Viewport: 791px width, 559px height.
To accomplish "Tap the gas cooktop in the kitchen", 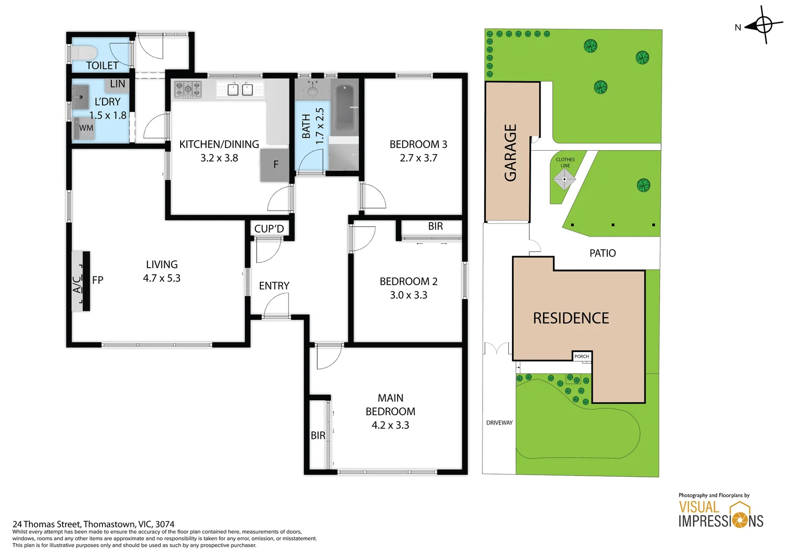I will [x=187, y=89].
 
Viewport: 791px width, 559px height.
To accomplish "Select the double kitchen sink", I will [x=240, y=90].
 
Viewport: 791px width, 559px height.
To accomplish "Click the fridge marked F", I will [x=275, y=165].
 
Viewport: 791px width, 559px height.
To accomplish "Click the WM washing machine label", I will [x=86, y=128].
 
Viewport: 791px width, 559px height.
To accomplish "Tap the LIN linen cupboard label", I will [x=118, y=84].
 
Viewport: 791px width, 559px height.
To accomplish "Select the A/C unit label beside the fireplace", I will [x=77, y=284].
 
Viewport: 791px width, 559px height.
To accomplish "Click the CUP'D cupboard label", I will [x=269, y=229].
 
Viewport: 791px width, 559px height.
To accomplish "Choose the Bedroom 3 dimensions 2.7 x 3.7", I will [x=418, y=158].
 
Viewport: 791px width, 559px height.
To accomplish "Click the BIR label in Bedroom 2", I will [x=435, y=226].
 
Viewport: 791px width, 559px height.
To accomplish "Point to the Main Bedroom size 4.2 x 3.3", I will [x=390, y=425].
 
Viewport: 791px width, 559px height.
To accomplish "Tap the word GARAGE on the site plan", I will [x=510, y=153].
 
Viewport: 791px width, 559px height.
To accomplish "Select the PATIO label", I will [x=603, y=253].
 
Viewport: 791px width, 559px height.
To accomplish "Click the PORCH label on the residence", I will [x=581, y=356].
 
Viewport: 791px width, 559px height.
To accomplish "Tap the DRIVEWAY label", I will [x=499, y=423].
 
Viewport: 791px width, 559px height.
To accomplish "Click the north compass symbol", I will [x=764, y=24].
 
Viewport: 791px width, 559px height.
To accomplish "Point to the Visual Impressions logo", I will [x=721, y=514].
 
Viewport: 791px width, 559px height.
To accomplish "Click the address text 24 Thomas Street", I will [x=93, y=524].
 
